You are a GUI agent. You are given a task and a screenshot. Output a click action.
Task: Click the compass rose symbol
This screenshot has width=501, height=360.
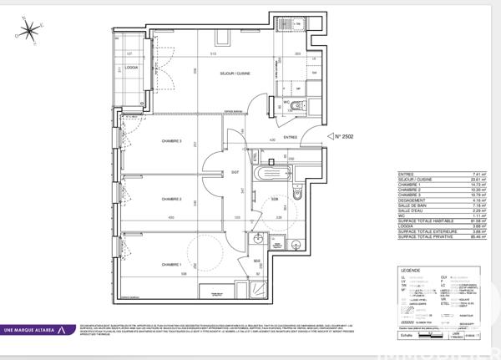click(x=30, y=31)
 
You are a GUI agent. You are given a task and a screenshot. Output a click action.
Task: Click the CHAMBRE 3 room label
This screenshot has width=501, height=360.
click(x=172, y=141)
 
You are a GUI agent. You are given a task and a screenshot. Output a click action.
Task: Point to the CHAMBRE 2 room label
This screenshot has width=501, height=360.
click(x=172, y=200)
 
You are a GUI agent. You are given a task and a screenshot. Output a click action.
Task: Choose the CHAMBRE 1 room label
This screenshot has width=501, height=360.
click(x=172, y=264)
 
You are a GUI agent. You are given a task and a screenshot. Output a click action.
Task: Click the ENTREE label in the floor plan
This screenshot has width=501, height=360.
click(x=291, y=137)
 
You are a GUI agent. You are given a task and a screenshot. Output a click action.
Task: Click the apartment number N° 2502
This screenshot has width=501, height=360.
click(x=344, y=135)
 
